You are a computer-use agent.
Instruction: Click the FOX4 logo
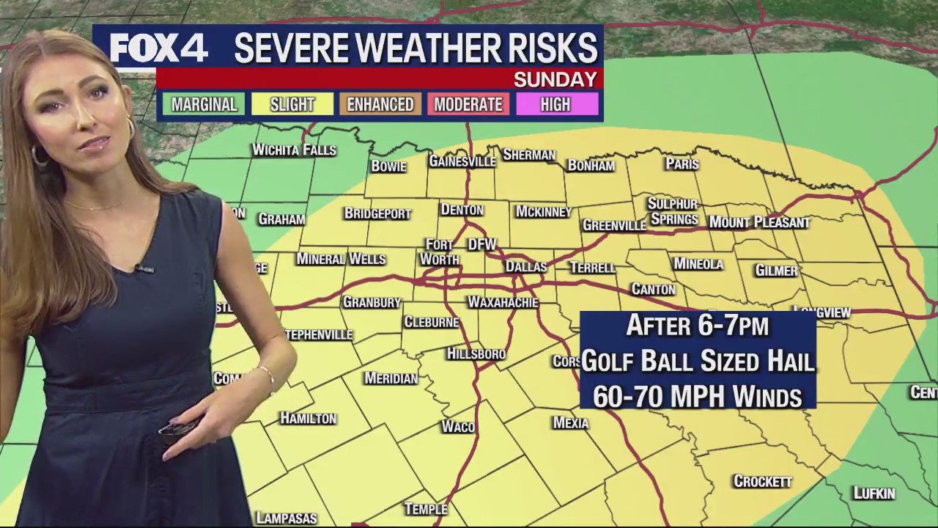coord(158,48)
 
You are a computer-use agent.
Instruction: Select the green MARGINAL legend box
coord(204,104)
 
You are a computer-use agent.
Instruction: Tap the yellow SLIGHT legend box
coord(292,104)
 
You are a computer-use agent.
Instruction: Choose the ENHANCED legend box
coord(380,104)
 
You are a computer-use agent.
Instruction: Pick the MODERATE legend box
coord(468,104)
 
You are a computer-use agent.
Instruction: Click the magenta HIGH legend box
coord(555,104)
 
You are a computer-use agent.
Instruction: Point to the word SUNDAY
coord(555,79)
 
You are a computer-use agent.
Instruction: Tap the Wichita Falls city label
coord(294,150)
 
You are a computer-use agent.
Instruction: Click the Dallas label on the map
coord(526,267)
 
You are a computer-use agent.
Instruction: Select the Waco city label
coord(458,427)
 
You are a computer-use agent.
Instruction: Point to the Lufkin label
coord(874,494)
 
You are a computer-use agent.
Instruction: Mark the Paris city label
coord(682,164)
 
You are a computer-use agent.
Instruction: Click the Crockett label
coord(763,482)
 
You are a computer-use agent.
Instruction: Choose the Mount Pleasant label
coord(759,222)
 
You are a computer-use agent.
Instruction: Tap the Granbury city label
coord(372,302)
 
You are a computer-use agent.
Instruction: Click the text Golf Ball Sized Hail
coord(698,361)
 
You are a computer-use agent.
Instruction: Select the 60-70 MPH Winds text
coord(697,396)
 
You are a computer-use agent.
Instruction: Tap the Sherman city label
coord(529,155)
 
